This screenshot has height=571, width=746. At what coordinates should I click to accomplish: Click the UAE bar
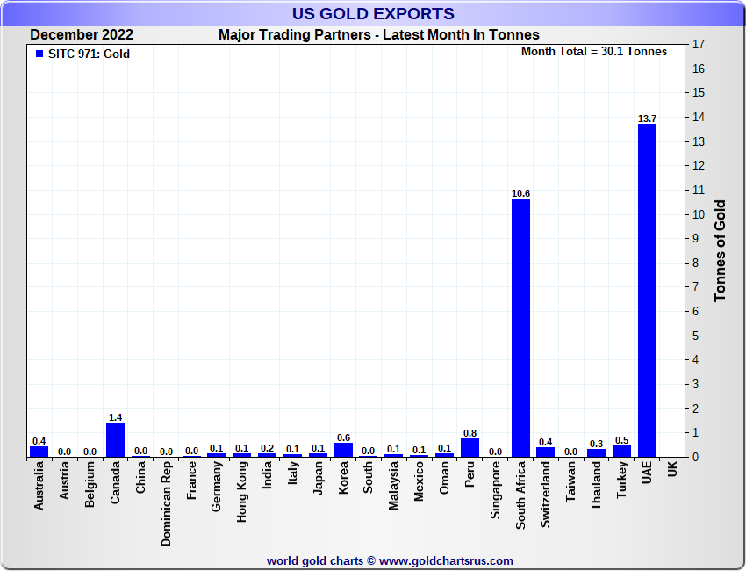[647, 290]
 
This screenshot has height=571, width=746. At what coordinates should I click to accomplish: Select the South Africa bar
[520, 327]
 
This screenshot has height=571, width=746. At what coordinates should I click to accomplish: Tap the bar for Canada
[115, 439]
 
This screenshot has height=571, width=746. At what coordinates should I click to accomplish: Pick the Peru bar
[470, 447]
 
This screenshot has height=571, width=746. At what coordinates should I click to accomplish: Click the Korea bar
[343, 449]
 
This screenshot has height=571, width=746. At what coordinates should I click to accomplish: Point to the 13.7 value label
[647, 118]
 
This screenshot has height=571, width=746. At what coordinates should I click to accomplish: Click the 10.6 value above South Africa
[520, 192]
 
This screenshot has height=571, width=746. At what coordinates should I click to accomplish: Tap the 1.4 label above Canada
[115, 417]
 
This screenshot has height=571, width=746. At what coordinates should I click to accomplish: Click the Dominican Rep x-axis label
[166, 503]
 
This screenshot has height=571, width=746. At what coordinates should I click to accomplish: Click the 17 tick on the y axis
[699, 45]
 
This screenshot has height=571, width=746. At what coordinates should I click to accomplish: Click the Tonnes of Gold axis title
[720, 251]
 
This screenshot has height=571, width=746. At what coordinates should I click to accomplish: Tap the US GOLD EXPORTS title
[373, 13]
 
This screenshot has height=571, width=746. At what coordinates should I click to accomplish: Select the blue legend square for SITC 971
[39, 54]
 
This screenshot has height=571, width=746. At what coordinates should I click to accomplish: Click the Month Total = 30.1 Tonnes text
[594, 52]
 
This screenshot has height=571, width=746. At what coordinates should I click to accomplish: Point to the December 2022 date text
[82, 34]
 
